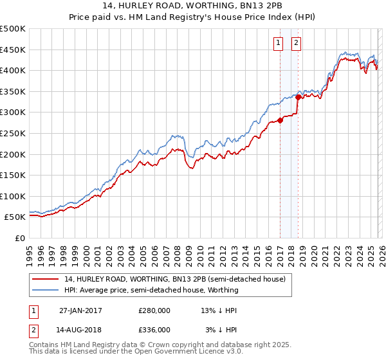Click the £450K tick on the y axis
pos(13,50)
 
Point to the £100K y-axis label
pos(13,196)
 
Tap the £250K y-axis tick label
pos(13,133)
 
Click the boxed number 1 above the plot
pos(279,43)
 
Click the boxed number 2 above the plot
pos(296,43)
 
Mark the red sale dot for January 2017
pos(280,120)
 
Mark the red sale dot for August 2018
pos(299,97)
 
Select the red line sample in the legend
pos(46,278)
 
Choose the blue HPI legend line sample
pos(46,290)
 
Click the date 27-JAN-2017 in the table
pos(80,310)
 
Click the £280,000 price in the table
pos(154,310)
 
